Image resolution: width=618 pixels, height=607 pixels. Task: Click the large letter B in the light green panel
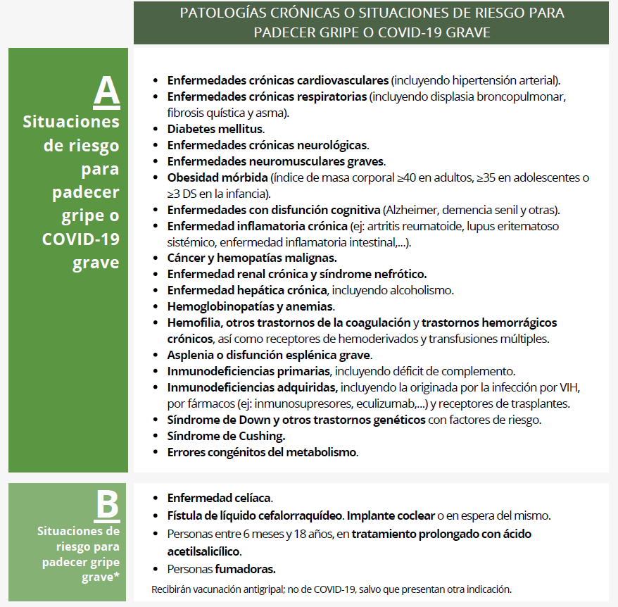(106, 505)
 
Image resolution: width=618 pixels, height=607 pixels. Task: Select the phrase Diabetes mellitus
(215, 129)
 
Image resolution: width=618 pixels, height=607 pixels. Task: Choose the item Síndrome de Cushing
(225, 436)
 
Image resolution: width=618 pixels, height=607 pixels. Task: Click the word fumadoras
(245, 568)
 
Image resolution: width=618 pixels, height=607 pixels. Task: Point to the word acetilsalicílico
(203, 551)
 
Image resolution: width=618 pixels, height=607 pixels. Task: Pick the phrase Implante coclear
(392, 515)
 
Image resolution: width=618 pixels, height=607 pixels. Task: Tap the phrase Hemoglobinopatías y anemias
(250, 306)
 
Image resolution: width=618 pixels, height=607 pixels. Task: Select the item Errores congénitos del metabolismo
(262, 452)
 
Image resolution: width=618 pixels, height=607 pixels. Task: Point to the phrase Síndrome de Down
(210, 420)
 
